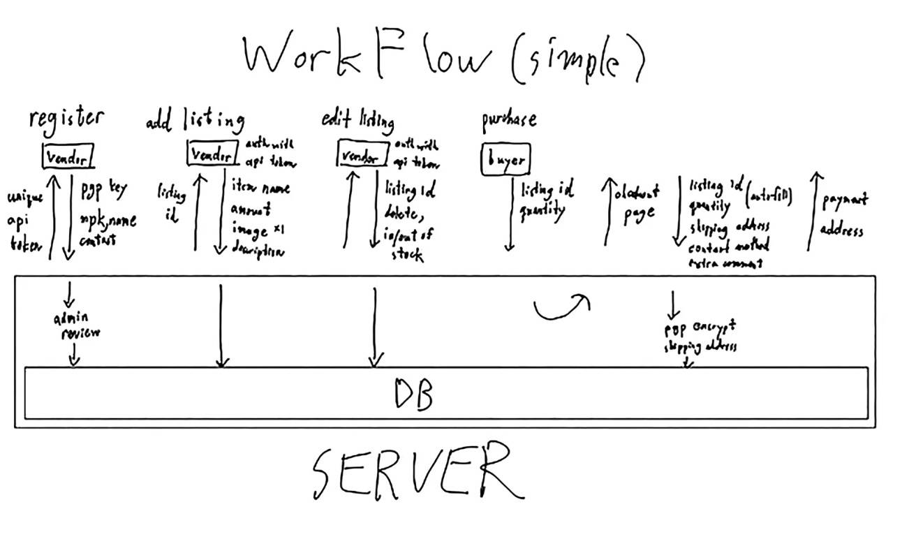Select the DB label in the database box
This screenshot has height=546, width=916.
point(413,394)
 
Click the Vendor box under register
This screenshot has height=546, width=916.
point(68,158)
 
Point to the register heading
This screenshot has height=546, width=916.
point(66,119)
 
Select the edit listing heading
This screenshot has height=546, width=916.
point(357,120)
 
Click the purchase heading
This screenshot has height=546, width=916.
point(509,120)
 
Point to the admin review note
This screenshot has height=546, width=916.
point(77,326)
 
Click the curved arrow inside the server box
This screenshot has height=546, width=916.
point(562,307)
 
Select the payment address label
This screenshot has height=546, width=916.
point(843,214)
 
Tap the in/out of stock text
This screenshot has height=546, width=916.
point(408,244)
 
